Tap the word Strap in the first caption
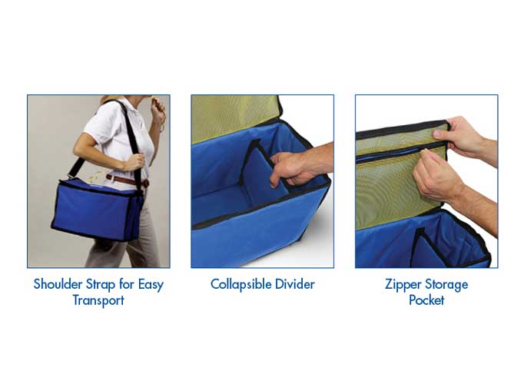101,284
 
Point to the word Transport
98,300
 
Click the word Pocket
426,300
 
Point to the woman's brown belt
123,180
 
